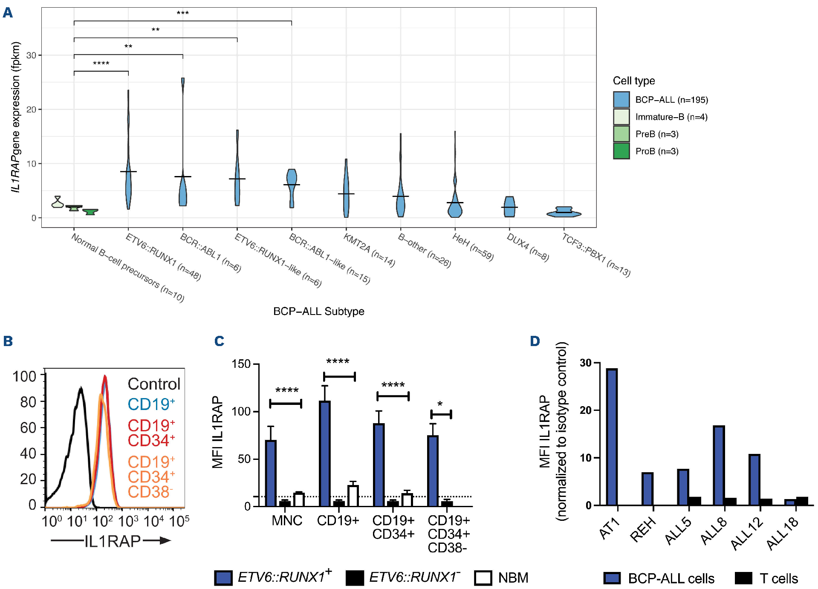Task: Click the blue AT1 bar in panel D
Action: [612, 437]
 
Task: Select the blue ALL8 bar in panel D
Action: [719, 465]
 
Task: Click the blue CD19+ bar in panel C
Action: [324, 453]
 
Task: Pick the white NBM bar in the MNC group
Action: [299, 499]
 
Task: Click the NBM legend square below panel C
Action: [483, 578]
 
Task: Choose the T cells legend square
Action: [743, 578]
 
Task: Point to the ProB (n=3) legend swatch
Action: [621, 151]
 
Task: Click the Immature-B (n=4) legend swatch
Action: [621, 117]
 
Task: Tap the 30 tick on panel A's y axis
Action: [31, 55]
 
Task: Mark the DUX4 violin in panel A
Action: [509, 207]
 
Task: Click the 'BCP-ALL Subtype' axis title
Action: [318, 312]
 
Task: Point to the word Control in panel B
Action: [154, 384]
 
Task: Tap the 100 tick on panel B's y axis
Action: [24, 376]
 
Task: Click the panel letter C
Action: [219, 341]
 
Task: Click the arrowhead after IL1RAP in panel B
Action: [164, 541]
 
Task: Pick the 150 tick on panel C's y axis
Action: [241, 364]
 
